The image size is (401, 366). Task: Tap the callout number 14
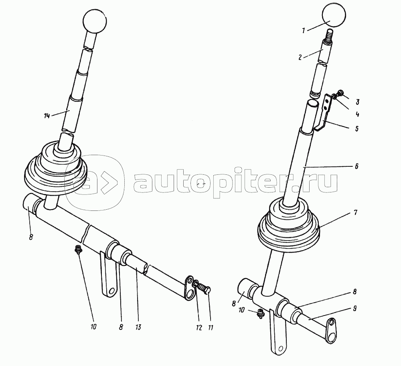pyautogui.click(x=47, y=116)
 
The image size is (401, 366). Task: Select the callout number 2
pyautogui.click(x=300, y=57)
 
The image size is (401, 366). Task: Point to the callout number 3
pyautogui.click(x=357, y=102)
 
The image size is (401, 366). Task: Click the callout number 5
pyautogui.click(x=357, y=128)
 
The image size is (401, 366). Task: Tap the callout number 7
pyautogui.click(x=355, y=212)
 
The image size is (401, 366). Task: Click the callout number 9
pyautogui.click(x=355, y=309)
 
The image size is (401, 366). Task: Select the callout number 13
pyautogui.click(x=138, y=327)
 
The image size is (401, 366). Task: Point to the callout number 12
pyautogui.click(x=199, y=328)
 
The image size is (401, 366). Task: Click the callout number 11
pyautogui.click(x=211, y=328)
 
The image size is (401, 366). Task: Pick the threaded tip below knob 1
pyautogui.click(x=329, y=34)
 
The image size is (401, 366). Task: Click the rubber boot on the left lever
pyautogui.click(x=56, y=170)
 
